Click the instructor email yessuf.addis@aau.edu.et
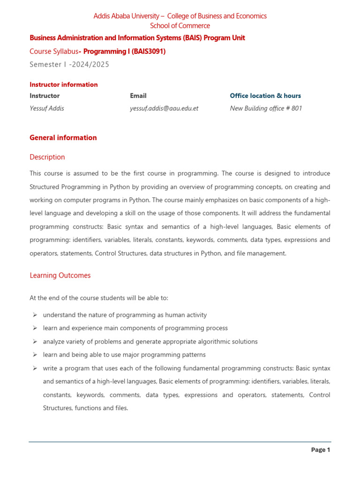click(x=164, y=108)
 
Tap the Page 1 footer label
click(x=321, y=450)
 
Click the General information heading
click(x=63, y=138)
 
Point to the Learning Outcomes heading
click(x=60, y=276)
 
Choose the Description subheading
click(x=47, y=157)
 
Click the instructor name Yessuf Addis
click(x=47, y=108)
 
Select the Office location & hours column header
click(x=265, y=96)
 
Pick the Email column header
click(x=138, y=96)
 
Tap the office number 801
click(x=297, y=108)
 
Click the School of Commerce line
click(x=180, y=26)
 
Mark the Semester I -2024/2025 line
click(x=69, y=65)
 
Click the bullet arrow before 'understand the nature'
click(x=35, y=315)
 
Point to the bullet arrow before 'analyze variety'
click(x=35, y=342)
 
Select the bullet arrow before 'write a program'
click(x=35, y=368)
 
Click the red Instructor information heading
click(x=64, y=85)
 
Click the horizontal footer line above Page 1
click(x=180, y=442)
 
